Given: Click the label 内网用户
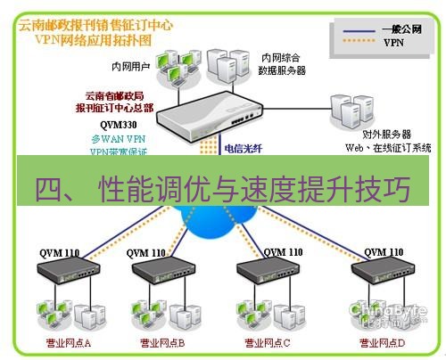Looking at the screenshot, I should coord(130,65).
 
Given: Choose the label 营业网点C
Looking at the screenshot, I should coord(265,342).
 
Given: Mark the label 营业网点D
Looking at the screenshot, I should coord(381,342).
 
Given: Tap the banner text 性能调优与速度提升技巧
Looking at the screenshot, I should coord(252,190).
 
